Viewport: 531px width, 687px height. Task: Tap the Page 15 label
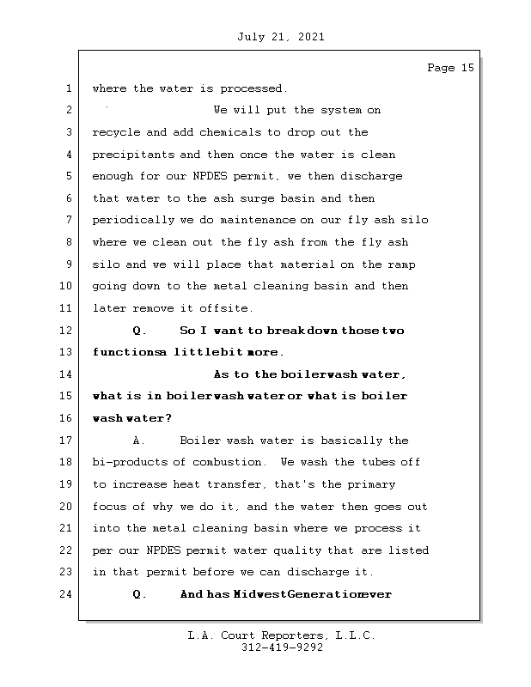point(450,68)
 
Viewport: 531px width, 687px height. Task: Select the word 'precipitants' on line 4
point(132,155)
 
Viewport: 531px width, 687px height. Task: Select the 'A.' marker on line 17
point(140,441)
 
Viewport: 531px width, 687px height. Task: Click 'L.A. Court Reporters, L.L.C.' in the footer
point(281,635)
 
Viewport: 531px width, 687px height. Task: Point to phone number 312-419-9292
point(282,647)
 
